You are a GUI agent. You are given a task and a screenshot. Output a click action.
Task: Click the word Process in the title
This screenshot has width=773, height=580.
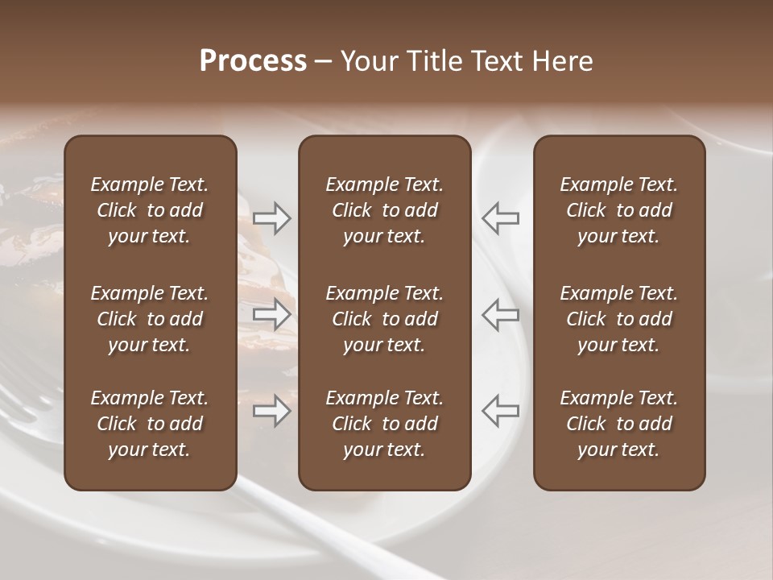[253, 61]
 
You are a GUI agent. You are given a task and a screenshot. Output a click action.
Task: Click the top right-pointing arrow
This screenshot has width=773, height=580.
[272, 218]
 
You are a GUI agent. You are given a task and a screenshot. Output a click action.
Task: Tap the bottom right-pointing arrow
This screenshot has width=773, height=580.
[272, 411]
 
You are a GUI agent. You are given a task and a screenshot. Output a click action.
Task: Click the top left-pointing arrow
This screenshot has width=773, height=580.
[501, 218]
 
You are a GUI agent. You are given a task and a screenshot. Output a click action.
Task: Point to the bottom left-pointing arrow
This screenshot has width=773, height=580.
[501, 411]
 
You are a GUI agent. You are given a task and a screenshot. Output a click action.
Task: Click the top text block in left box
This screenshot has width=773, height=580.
[150, 210]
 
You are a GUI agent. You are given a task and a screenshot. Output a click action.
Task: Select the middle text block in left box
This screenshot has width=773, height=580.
[150, 319]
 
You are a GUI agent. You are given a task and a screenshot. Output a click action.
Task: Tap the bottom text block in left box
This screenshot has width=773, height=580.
[150, 424]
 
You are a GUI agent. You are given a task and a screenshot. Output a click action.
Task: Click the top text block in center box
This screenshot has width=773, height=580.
[385, 210]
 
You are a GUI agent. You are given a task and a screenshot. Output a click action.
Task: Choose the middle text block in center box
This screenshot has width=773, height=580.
[385, 319]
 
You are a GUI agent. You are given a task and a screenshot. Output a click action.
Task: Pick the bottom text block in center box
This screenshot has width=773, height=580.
[385, 424]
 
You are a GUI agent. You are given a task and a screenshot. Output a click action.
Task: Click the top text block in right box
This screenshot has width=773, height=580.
[619, 210]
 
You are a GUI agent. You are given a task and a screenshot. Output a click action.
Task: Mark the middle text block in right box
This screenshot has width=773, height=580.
[619, 319]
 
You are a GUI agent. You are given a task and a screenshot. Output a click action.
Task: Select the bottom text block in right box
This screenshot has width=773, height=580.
[619, 424]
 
